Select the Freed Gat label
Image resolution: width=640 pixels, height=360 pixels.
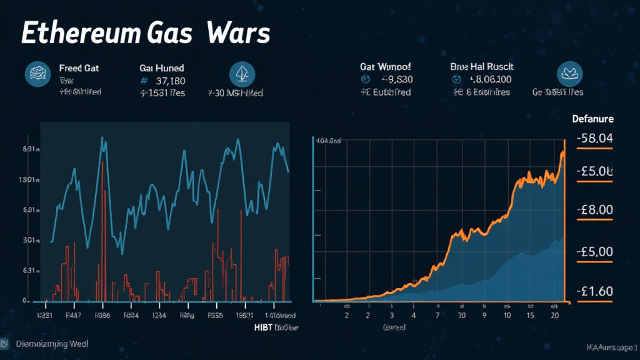click(79, 67)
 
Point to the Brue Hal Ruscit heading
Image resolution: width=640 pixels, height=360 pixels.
click(481, 66)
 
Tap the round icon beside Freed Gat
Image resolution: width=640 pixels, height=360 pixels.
click(37, 74)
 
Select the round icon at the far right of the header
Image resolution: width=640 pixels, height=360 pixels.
click(569, 74)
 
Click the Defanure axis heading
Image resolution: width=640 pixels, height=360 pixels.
click(592, 119)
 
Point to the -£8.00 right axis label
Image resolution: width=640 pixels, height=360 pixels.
click(594, 210)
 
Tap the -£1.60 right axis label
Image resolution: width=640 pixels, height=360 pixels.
click(594, 291)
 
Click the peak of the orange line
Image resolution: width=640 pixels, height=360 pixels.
click(563, 151)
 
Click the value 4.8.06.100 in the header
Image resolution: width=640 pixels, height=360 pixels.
click(491, 80)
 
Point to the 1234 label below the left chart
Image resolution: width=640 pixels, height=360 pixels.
click(159, 316)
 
